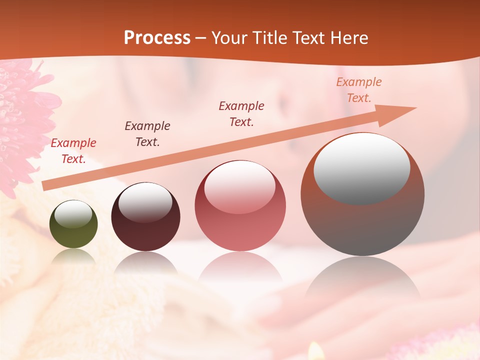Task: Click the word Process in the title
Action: pos(157,38)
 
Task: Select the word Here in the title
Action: pos(349,38)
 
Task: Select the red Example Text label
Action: pos(73,151)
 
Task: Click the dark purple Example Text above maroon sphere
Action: pos(147,133)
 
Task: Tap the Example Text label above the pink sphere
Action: pos(241,113)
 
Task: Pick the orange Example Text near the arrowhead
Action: pos(359,90)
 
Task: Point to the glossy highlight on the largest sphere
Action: pos(362,167)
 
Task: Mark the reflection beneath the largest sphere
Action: pos(362,280)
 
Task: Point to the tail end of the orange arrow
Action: pos(46,186)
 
